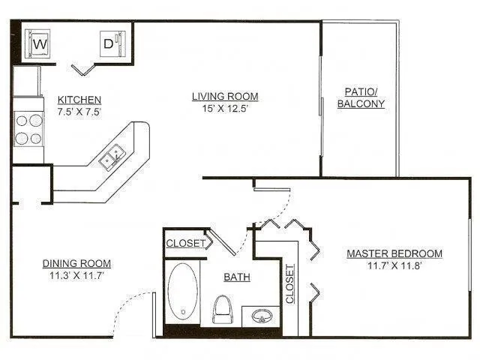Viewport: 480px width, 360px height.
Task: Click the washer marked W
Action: (40, 44)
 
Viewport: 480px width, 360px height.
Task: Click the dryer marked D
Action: (109, 43)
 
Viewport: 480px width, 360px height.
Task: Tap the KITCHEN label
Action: (79, 100)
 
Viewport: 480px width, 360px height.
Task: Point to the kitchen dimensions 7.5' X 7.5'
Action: (79, 111)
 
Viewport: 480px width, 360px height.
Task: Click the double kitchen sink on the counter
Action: (114, 158)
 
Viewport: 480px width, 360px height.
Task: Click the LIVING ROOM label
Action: (225, 96)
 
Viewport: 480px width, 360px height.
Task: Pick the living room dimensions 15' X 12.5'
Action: (225, 108)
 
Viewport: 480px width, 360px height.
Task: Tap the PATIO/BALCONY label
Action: (361, 97)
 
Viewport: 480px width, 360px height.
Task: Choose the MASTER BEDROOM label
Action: (394, 253)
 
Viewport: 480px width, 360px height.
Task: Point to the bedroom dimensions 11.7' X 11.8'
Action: (394, 265)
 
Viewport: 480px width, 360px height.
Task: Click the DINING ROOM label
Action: (76, 263)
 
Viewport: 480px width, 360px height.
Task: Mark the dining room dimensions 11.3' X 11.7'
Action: (76, 275)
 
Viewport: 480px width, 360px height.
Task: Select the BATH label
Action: (237, 277)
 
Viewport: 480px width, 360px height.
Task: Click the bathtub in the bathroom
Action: (183, 292)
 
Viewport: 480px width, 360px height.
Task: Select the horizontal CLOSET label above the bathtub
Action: (185, 243)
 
